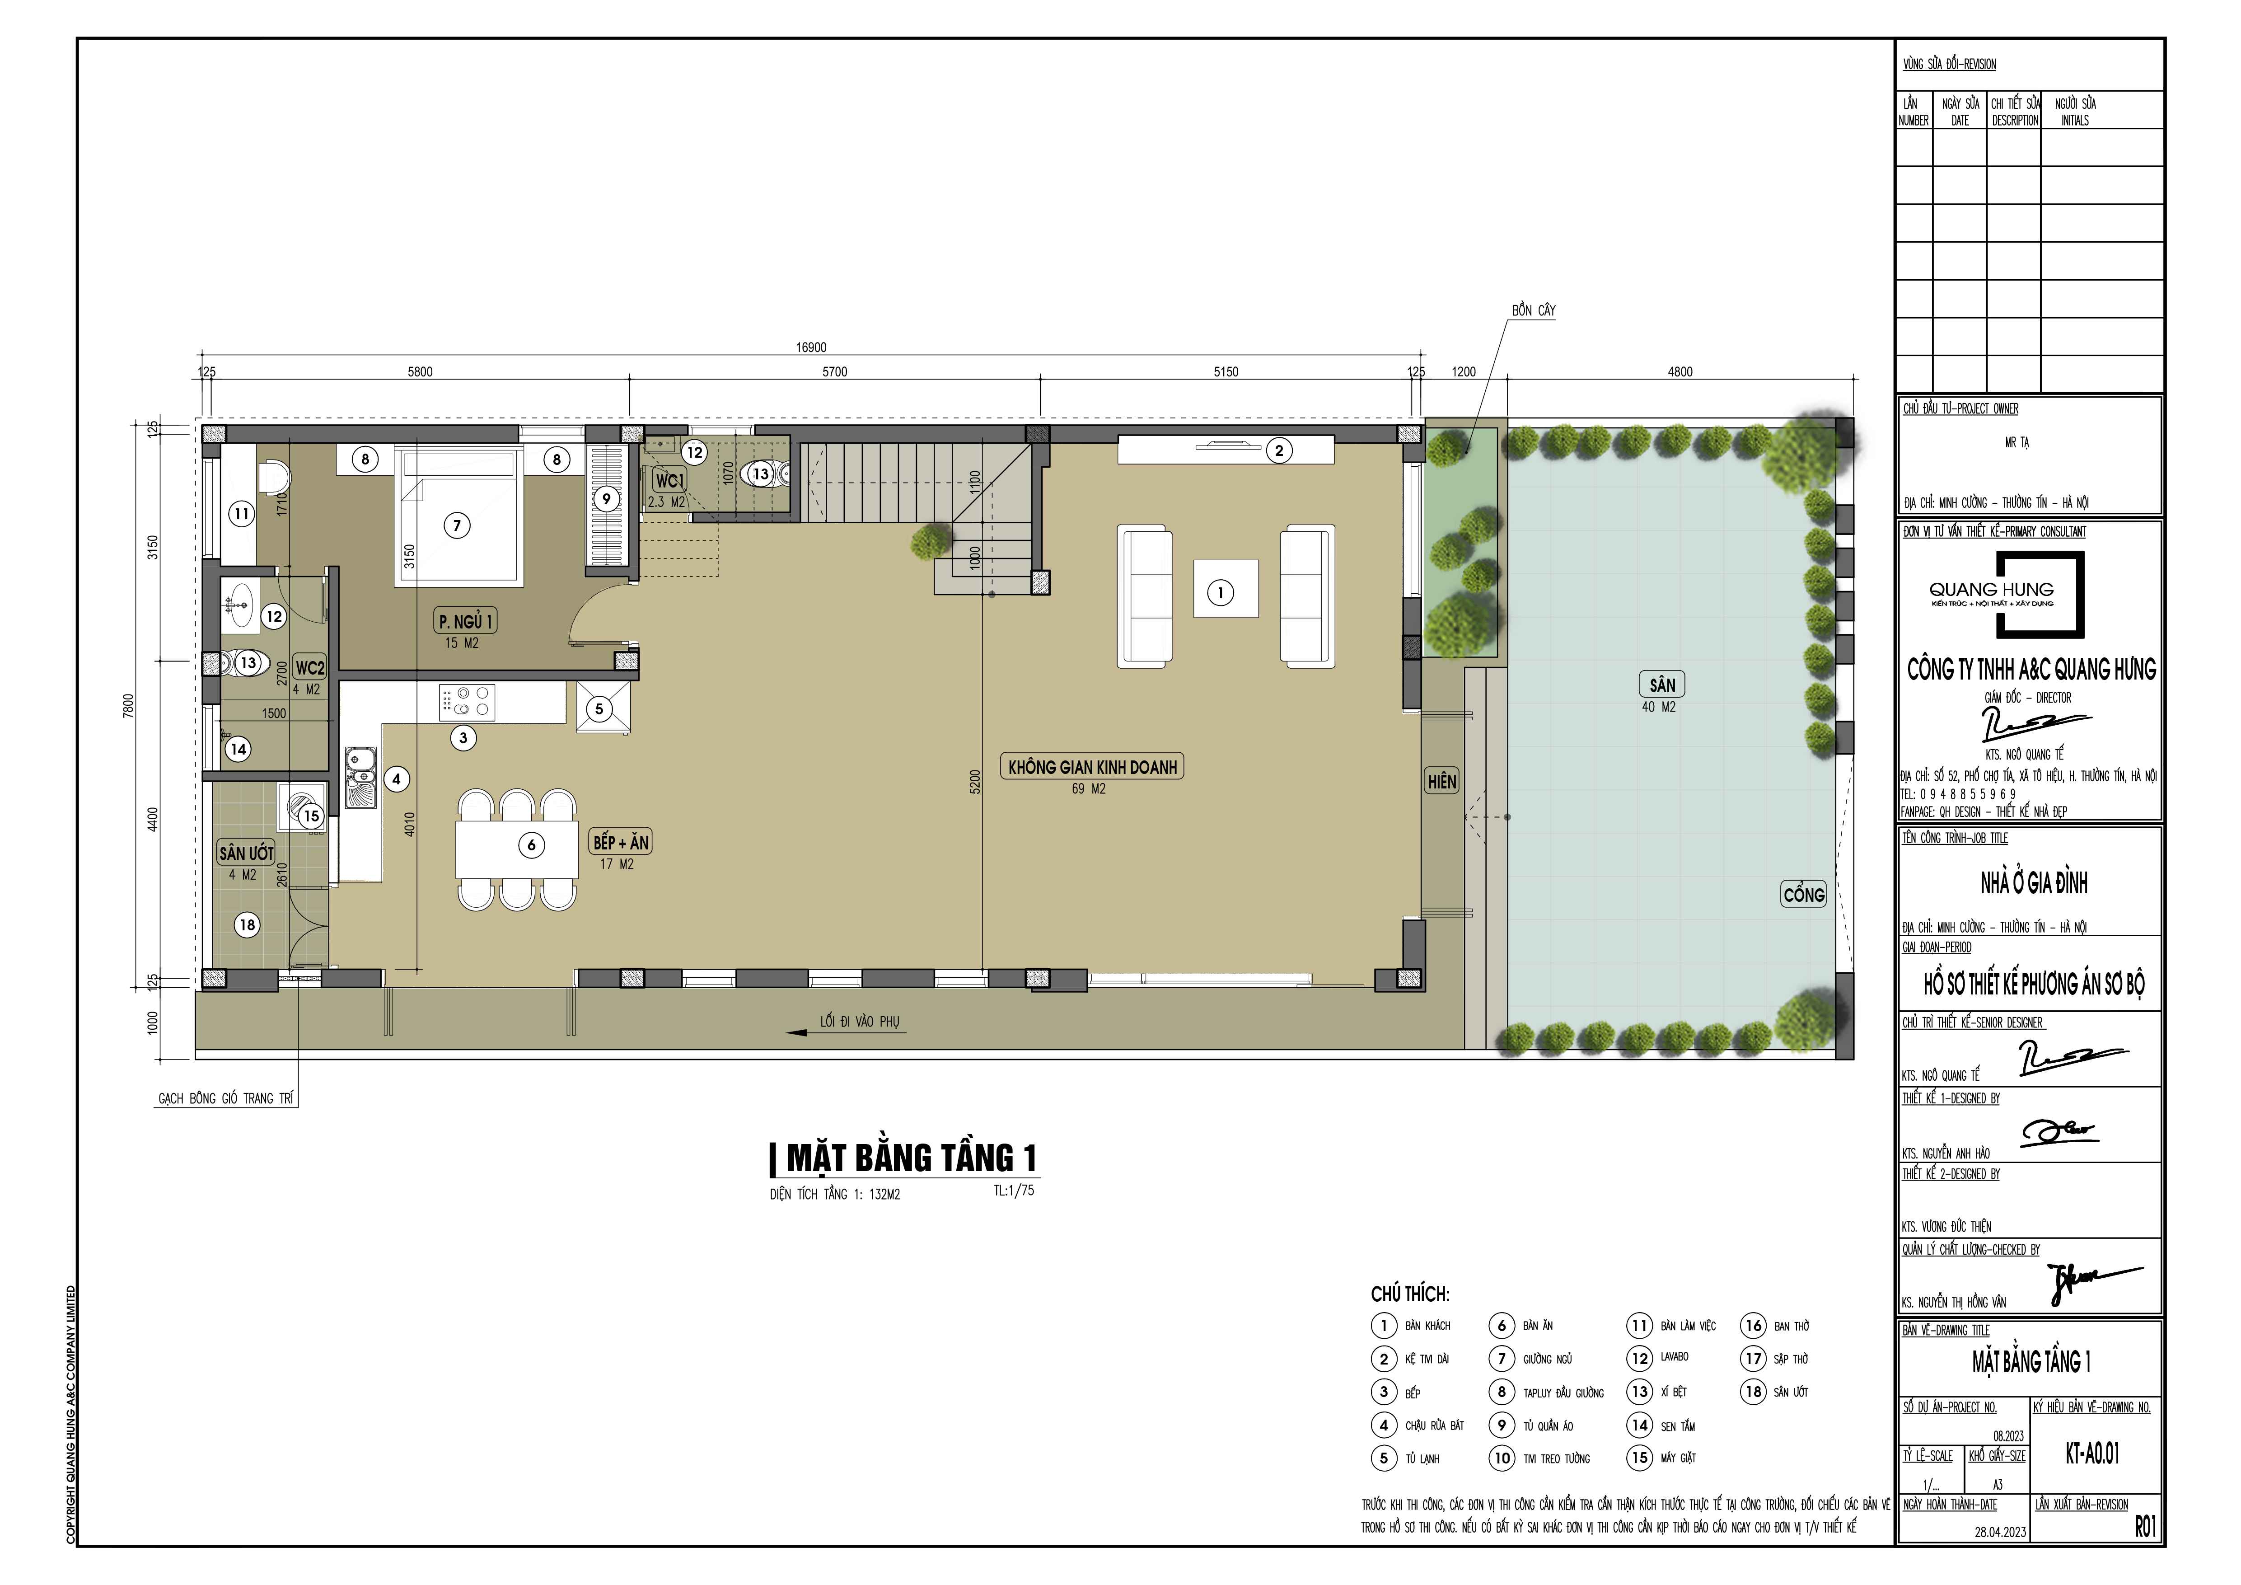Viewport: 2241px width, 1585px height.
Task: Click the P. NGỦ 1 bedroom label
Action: click(x=466, y=621)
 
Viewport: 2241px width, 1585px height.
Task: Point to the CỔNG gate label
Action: click(x=1804, y=894)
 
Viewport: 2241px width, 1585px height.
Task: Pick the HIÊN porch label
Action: click(x=1441, y=781)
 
